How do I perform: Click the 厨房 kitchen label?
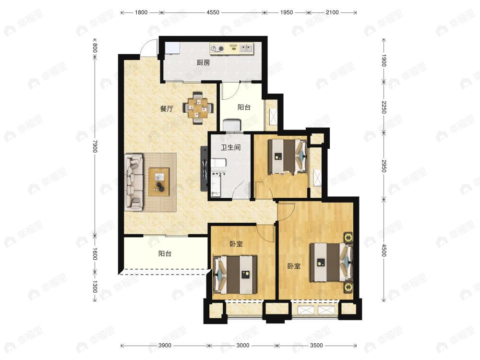tap(203, 63)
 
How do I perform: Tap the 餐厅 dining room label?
tap(167, 108)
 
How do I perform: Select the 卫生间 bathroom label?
tap(230, 147)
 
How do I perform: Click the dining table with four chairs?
tap(198, 108)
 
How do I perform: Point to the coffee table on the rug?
tap(159, 182)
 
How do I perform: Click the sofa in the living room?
tap(134, 182)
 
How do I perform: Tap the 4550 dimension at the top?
tap(213, 12)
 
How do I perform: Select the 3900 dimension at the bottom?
tap(165, 346)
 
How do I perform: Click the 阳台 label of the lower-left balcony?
tap(165, 254)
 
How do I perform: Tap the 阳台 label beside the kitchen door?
tap(244, 107)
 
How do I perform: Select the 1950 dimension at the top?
tap(287, 12)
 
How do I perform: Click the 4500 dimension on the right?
tap(384, 250)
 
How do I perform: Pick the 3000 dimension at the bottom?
tap(243, 346)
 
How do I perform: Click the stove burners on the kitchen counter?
tap(217, 48)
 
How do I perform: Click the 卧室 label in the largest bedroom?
tap(294, 266)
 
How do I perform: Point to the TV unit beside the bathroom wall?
tap(204, 168)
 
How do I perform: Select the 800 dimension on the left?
tap(95, 48)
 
